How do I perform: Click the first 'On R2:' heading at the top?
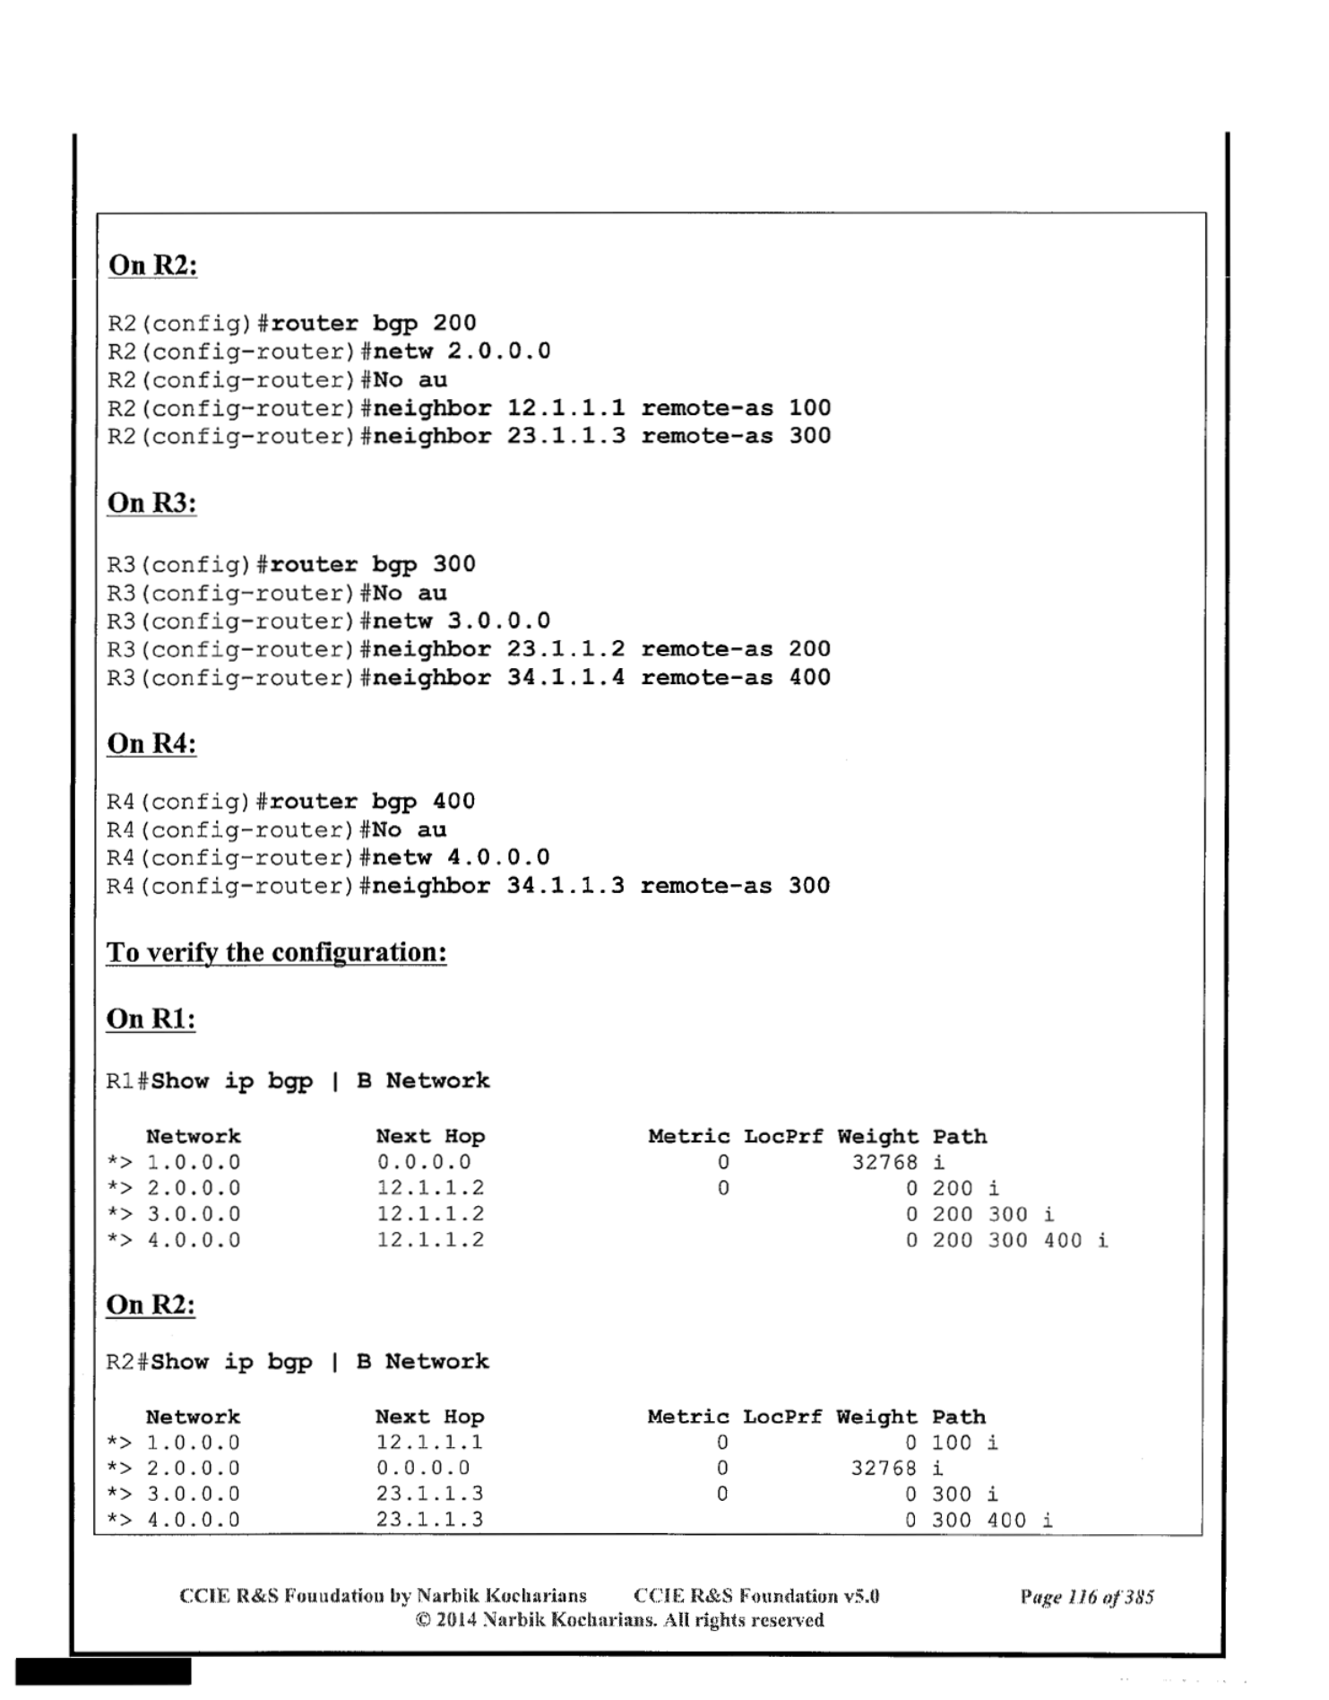click(153, 265)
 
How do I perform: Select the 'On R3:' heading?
click(152, 503)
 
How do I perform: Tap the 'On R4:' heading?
click(151, 743)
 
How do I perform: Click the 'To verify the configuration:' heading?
click(276, 951)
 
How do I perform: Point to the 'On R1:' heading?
click(151, 1019)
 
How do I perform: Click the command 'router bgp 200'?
click(373, 323)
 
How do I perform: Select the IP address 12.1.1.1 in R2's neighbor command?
click(565, 408)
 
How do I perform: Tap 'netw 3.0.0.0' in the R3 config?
click(462, 620)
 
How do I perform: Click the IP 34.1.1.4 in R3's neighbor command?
click(565, 677)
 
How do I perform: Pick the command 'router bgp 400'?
click(372, 801)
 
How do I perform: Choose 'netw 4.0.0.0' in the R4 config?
click(461, 857)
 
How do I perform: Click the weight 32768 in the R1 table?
click(885, 1162)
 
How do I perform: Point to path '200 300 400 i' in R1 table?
click(1020, 1240)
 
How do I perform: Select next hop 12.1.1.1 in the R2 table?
click(429, 1443)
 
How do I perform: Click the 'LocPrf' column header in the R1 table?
click(783, 1136)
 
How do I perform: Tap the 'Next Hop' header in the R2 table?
click(429, 1417)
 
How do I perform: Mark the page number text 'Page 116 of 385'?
click(1086, 1596)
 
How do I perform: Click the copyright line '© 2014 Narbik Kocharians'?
click(619, 1620)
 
